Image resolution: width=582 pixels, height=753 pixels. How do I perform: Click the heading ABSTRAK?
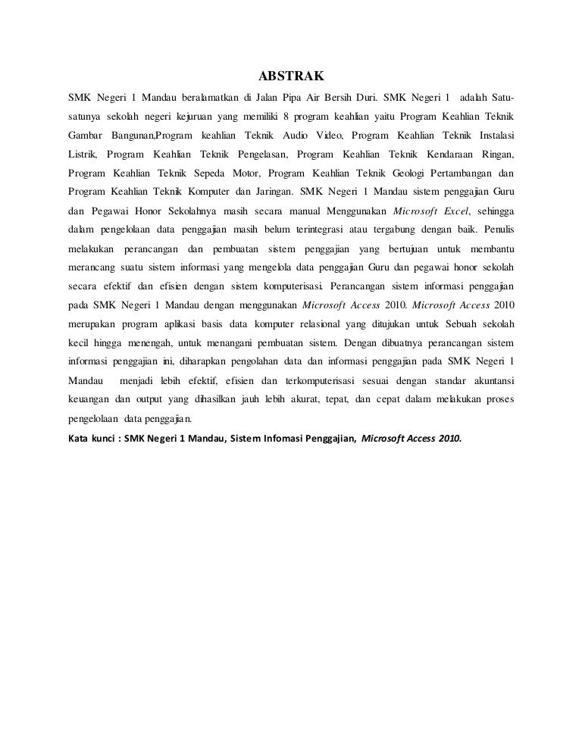[291, 77]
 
